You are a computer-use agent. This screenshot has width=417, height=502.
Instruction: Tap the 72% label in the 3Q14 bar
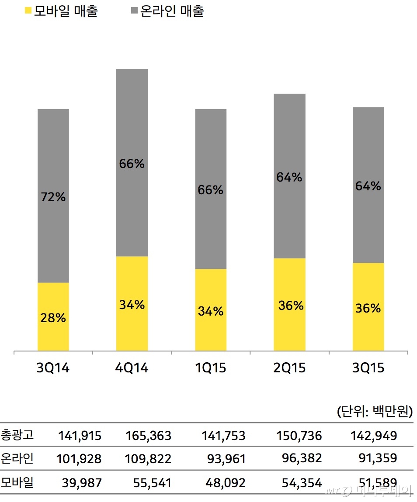click(x=53, y=197)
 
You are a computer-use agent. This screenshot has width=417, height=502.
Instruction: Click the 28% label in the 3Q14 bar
click(x=53, y=318)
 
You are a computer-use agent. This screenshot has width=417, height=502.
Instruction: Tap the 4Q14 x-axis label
click(x=132, y=368)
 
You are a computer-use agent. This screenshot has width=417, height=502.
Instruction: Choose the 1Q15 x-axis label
click(x=211, y=368)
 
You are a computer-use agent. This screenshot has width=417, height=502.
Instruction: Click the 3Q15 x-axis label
click(x=368, y=368)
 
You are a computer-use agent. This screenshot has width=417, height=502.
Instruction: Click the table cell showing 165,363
click(x=148, y=436)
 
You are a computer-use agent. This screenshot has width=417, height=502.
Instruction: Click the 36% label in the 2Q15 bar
click(x=291, y=306)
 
